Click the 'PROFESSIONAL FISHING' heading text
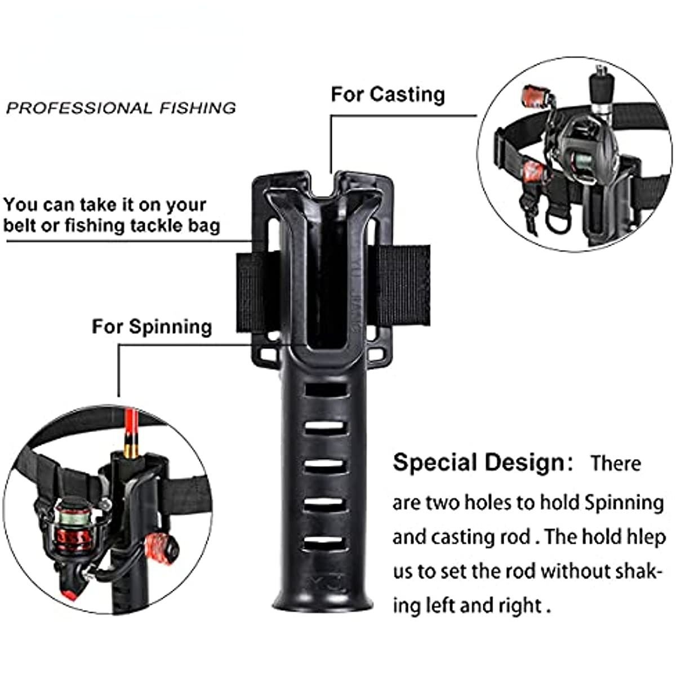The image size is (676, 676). [121, 108]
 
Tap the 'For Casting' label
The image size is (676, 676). [388, 94]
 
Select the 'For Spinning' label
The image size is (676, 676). [152, 327]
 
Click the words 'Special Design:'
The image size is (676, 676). [483, 462]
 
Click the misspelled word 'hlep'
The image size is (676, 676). [646, 537]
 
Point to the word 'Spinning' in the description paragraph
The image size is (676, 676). [624, 502]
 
